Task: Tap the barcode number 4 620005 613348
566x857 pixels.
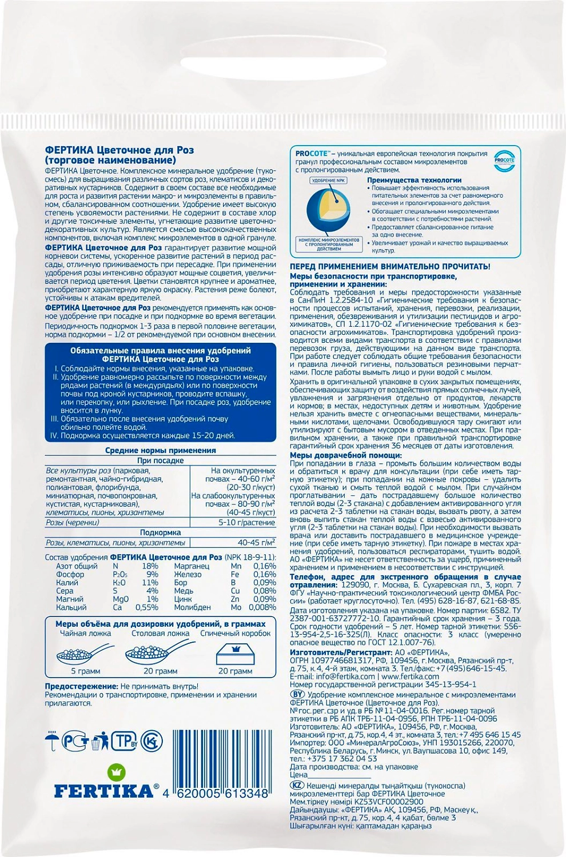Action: (x=216, y=794)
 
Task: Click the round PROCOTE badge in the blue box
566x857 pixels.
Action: (x=504, y=161)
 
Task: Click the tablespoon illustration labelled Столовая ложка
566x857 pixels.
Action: (x=155, y=652)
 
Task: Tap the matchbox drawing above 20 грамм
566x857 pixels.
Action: (x=235, y=652)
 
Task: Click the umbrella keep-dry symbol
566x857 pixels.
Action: (x=53, y=741)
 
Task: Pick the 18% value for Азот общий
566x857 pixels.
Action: (x=150, y=566)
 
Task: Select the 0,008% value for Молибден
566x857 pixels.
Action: (x=262, y=607)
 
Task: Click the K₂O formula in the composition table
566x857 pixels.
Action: (x=119, y=583)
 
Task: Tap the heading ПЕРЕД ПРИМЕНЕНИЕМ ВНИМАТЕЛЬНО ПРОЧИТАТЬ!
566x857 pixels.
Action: (x=390, y=267)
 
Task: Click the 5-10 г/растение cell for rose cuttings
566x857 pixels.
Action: (x=246, y=523)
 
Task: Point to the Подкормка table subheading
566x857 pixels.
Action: (x=160, y=532)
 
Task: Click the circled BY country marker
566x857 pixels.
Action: (x=297, y=694)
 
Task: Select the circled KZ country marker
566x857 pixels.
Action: (x=297, y=786)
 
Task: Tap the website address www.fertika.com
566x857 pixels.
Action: (x=410, y=676)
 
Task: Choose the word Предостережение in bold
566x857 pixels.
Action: (x=81, y=686)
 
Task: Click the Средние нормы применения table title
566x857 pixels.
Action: (x=160, y=451)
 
